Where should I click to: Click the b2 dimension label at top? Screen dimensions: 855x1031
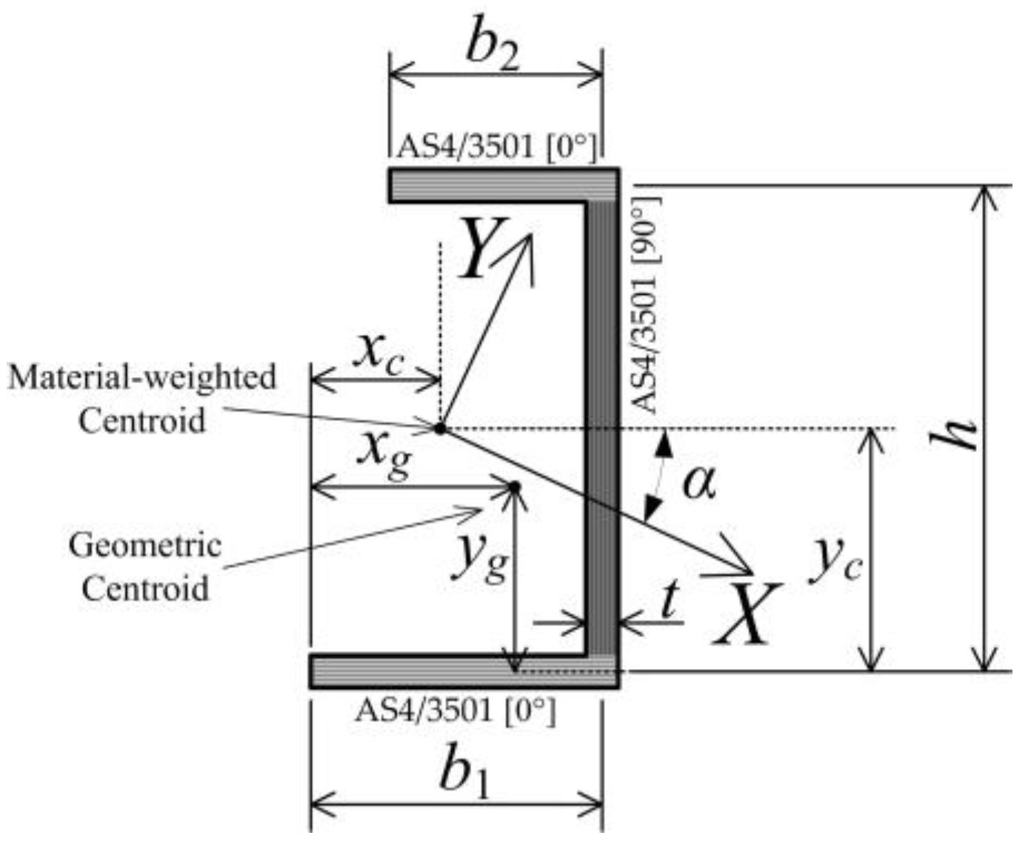(x=492, y=49)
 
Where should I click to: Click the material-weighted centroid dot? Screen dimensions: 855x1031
(x=440, y=428)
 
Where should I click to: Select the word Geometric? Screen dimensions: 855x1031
(x=145, y=545)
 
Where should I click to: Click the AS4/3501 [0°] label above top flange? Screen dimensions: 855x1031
(x=496, y=147)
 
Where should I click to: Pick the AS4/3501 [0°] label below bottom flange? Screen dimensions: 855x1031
(x=455, y=711)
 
